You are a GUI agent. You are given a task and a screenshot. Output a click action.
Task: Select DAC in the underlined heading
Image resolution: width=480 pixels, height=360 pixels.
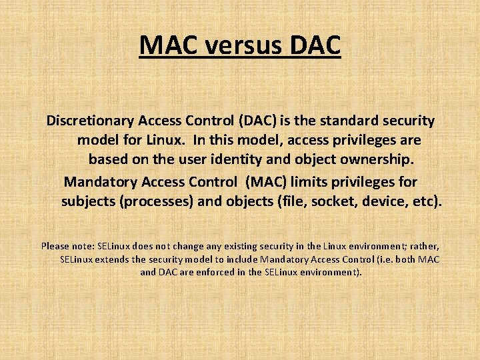point(314,45)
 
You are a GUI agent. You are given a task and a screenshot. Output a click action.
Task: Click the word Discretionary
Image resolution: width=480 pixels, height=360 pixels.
point(90,121)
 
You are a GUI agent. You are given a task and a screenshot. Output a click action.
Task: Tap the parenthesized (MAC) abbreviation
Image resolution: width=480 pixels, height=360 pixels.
point(265,181)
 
